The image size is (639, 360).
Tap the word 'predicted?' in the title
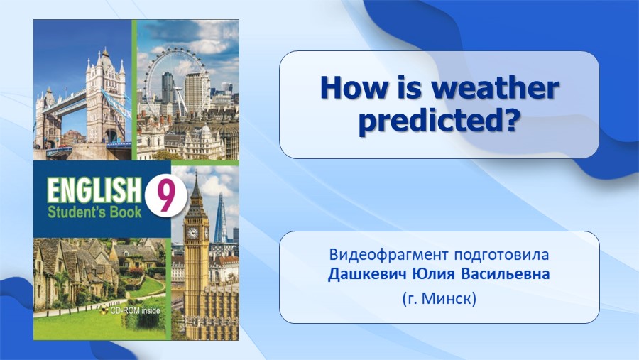[x=439, y=121]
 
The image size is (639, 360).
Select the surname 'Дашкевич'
[x=367, y=274]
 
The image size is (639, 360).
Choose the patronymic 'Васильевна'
[x=506, y=274]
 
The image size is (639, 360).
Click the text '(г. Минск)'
[x=439, y=299]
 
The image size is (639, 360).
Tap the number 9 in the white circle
[x=165, y=197]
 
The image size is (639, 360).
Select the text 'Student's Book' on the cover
[x=94, y=212]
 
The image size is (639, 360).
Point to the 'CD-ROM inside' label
[x=136, y=311]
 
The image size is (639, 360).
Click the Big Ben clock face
[x=192, y=233]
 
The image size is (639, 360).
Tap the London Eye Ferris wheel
[x=175, y=82]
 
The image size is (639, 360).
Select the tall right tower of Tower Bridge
[x=106, y=98]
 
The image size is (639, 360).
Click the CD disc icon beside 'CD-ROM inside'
[x=104, y=311]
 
